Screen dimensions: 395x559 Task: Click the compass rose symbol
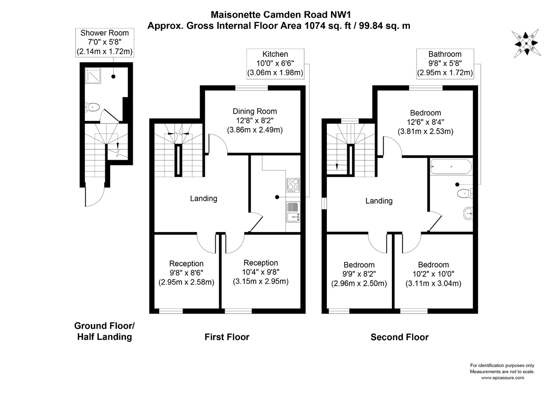(526, 42)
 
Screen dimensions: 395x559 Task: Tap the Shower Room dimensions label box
(105, 42)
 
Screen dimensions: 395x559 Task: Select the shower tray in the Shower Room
(93, 76)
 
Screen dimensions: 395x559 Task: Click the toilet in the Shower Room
(93, 107)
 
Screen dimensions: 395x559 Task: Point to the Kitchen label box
(275, 64)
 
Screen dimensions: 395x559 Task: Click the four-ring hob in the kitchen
(293, 185)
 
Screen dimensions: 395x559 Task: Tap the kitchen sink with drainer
(293, 212)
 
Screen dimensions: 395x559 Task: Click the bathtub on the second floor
(451, 167)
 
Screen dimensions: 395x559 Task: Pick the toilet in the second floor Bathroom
(465, 193)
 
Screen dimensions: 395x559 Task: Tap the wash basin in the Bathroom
(468, 213)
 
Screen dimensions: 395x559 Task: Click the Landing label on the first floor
(203, 199)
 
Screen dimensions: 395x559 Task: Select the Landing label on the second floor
(379, 201)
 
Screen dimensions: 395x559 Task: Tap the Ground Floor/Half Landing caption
(105, 331)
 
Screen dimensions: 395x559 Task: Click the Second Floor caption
(399, 337)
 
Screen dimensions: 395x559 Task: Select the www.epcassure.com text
(502, 378)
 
